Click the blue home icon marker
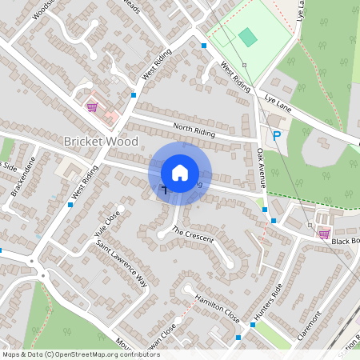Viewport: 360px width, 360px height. tap(180, 172)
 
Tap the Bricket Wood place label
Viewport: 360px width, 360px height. tap(101, 142)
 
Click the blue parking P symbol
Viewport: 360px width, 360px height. tap(277, 136)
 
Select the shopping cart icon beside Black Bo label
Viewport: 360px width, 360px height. tap(324, 234)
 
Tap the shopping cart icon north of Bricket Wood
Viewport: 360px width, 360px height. tap(92, 106)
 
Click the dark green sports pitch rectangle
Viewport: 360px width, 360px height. tap(248, 37)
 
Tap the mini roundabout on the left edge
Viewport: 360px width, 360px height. tap(33, 262)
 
